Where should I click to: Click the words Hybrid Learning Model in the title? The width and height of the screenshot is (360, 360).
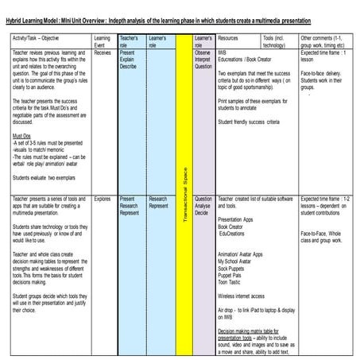44,20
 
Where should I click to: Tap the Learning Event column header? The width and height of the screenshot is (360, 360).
103,41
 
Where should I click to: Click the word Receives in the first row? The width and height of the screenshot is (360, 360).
103,52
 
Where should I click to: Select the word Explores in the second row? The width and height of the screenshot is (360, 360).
103,198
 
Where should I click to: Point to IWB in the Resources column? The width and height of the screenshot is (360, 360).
223,52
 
